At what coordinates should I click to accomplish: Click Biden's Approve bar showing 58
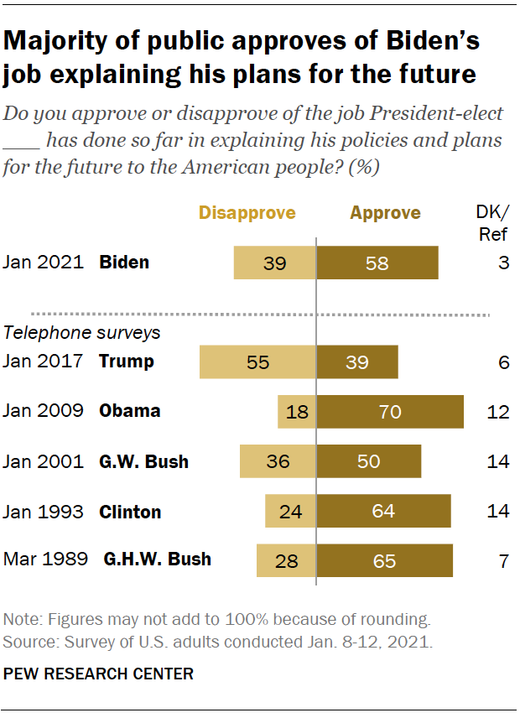377,263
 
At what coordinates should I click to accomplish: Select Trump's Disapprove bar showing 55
257,362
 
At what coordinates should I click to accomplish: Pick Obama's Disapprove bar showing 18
296,412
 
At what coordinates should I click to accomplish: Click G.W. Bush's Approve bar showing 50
368,461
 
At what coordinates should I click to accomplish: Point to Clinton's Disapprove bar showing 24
290,511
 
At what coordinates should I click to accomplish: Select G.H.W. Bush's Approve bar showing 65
384,560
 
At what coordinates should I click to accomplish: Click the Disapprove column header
247,213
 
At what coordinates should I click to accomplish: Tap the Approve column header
385,213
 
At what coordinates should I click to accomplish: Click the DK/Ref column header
492,223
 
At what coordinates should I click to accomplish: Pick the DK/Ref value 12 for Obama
499,412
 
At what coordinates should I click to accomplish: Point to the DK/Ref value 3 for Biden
503,263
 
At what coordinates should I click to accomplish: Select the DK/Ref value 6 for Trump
503,362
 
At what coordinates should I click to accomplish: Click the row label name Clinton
130,512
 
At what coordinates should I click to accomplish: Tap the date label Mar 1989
45,559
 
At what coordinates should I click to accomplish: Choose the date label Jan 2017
44,362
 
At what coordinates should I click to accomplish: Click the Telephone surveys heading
81,332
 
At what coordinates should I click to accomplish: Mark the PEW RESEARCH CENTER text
98,674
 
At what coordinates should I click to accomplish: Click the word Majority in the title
58,41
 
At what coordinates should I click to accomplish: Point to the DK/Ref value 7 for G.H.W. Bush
503,560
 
